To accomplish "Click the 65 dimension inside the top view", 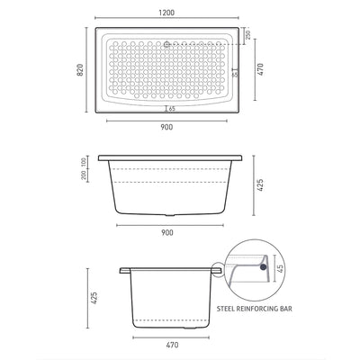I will tap(169, 108).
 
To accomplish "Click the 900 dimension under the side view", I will tap(167, 233).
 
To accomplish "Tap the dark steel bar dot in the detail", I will tap(262, 266).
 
